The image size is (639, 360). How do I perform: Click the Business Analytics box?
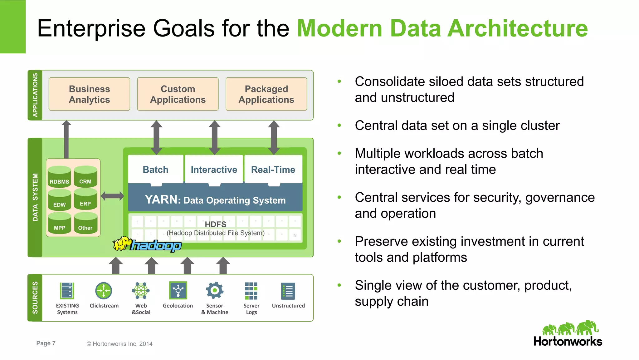89,94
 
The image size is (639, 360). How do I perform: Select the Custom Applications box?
178,94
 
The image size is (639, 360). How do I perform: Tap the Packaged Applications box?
266,94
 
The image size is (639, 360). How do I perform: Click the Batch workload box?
155,170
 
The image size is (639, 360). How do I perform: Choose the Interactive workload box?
214,170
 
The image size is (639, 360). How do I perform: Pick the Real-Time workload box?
273,170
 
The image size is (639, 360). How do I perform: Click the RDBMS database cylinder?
59,178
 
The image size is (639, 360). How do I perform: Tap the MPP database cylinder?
59,224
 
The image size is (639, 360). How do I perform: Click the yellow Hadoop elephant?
122,244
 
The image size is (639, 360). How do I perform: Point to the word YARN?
161,200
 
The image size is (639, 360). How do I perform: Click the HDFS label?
215,224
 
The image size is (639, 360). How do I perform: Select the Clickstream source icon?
104,291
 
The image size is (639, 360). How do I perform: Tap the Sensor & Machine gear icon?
215,290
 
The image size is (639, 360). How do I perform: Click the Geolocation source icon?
178,290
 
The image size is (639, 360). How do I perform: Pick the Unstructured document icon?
288,291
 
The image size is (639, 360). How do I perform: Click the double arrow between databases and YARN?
112,196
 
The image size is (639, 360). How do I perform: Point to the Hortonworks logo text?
568,341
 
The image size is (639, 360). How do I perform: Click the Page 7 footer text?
46,343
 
